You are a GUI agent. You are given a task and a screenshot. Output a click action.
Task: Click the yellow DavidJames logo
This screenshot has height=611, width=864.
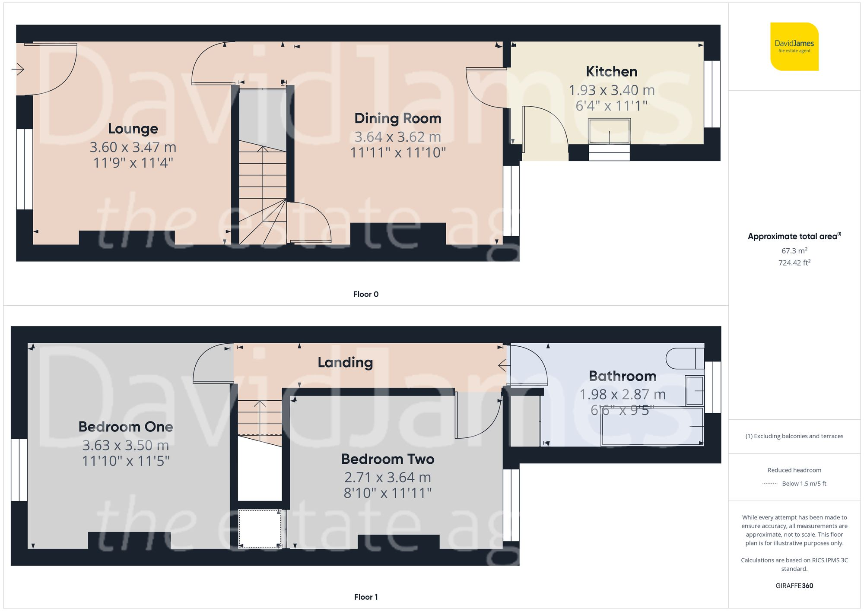tap(794, 47)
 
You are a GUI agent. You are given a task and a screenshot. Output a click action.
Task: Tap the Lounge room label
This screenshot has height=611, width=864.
tap(133, 129)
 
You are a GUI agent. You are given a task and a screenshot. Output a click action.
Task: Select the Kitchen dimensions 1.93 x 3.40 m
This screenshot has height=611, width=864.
tap(611, 90)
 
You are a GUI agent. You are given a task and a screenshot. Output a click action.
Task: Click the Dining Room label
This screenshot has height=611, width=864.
tap(397, 118)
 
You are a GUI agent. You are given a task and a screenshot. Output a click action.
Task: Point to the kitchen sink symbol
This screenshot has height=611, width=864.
tap(609, 131)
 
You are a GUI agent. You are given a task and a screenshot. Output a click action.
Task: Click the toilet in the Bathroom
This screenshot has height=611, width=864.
tap(685, 358)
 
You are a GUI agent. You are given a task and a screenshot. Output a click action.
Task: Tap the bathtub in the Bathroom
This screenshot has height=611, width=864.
tap(651, 426)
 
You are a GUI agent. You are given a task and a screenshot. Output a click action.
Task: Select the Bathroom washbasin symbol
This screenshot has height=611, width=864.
tap(695, 390)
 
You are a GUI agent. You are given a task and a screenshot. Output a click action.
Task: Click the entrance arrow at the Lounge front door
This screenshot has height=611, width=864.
tap(18, 69)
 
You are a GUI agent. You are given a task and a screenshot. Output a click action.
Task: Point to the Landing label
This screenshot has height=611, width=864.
tap(345, 362)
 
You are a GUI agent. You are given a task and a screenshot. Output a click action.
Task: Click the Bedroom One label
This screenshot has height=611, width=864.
tap(126, 427)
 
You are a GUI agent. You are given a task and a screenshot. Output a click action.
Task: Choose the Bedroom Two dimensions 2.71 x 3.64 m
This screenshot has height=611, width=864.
tap(388, 478)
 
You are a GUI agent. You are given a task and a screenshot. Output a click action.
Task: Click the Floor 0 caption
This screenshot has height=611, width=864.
tap(365, 294)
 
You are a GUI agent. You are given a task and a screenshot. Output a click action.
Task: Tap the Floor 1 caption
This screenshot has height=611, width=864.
tap(365, 597)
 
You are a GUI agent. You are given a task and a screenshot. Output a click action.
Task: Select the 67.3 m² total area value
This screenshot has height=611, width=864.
tap(794, 251)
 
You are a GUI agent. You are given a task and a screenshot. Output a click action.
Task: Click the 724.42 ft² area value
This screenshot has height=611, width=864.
tap(794, 263)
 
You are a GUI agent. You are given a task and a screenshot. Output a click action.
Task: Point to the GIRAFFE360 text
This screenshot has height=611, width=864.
tap(794, 586)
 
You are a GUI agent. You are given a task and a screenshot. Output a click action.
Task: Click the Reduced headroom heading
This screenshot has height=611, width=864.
tap(794, 470)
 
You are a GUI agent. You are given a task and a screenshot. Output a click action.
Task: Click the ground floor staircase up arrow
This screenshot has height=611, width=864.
tap(263, 149)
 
